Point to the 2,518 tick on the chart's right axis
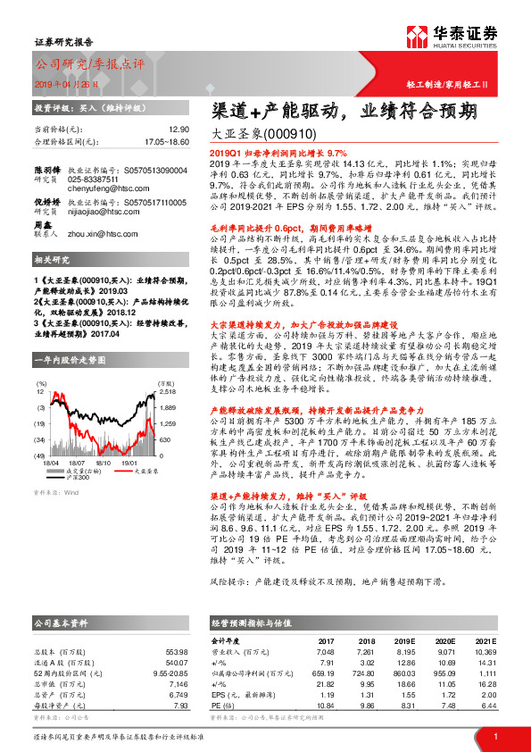click(x=168, y=367)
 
